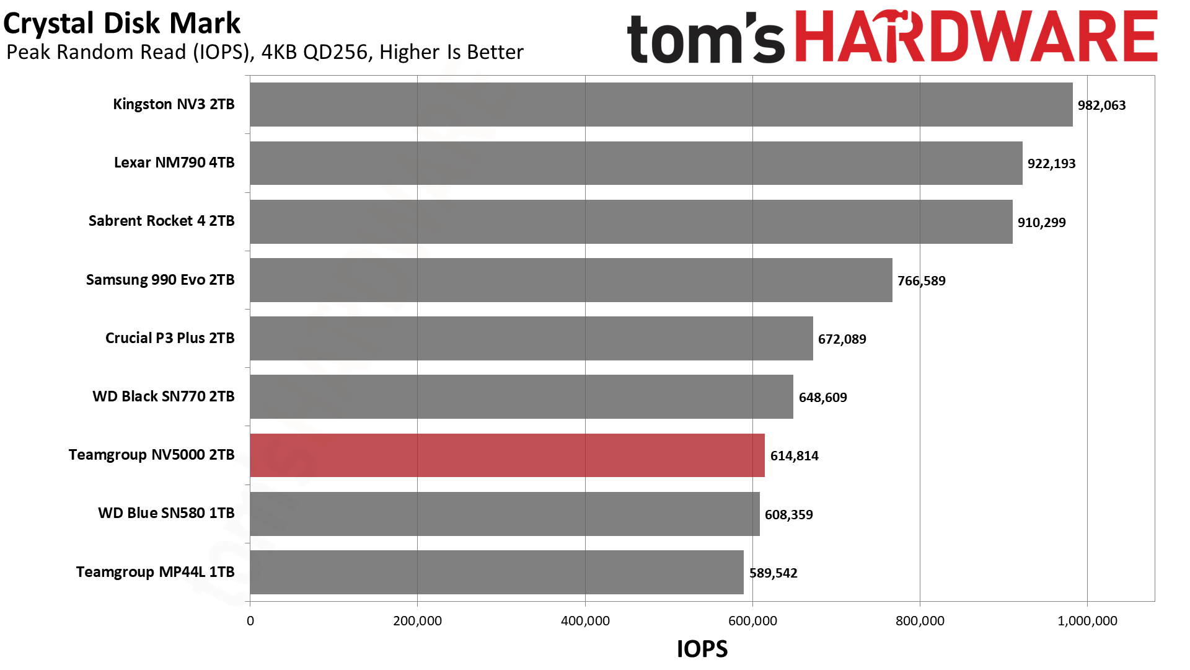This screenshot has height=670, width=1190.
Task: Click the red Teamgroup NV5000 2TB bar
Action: pos(507,455)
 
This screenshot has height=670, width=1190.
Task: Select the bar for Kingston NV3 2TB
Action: pos(661,104)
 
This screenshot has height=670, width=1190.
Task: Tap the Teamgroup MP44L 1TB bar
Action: pos(496,572)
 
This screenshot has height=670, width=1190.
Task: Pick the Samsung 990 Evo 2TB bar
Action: pos(571,280)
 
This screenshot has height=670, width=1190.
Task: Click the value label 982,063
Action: pos(1101,105)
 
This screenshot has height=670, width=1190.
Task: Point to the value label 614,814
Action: pos(794,456)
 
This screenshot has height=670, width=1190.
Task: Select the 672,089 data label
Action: pos(842,339)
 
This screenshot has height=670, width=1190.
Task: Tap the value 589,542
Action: pos(773,573)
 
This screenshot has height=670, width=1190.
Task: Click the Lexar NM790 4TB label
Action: pos(174,163)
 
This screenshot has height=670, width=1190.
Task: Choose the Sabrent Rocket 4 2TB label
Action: pos(161,221)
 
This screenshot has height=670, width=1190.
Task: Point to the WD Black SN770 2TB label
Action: pos(164,396)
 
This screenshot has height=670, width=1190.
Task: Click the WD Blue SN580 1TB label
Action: pos(166,513)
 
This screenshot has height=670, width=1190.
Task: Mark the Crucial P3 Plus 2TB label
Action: pos(170,338)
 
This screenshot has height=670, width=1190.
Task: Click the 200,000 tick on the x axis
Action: pos(417,621)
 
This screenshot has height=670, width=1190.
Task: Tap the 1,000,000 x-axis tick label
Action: pos(1087,621)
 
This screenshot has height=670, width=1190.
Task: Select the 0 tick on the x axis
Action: pos(250,621)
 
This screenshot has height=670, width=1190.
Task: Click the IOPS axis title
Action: pos(702,649)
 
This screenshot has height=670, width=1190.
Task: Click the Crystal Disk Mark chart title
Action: pos(121,24)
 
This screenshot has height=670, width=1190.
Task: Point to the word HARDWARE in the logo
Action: pos(976,37)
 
